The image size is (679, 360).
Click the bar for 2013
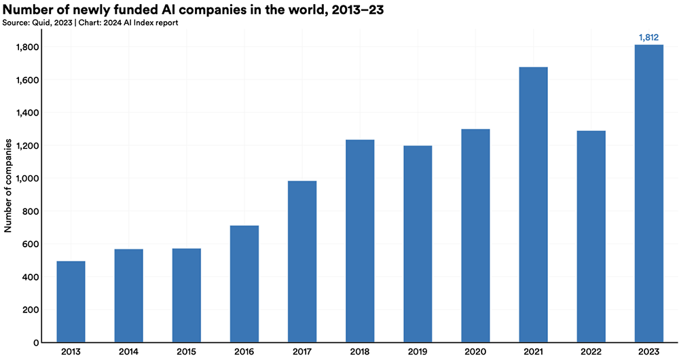coord(71,302)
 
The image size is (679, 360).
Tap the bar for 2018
coord(360,241)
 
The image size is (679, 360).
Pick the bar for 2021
coord(533,204)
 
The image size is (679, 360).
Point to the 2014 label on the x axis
coord(128,352)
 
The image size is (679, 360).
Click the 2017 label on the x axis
coord(302,352)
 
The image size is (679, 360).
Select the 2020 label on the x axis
coord(475,352)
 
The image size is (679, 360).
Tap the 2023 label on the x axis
coord(648,352)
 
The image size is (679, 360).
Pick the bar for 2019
coord(418,244)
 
